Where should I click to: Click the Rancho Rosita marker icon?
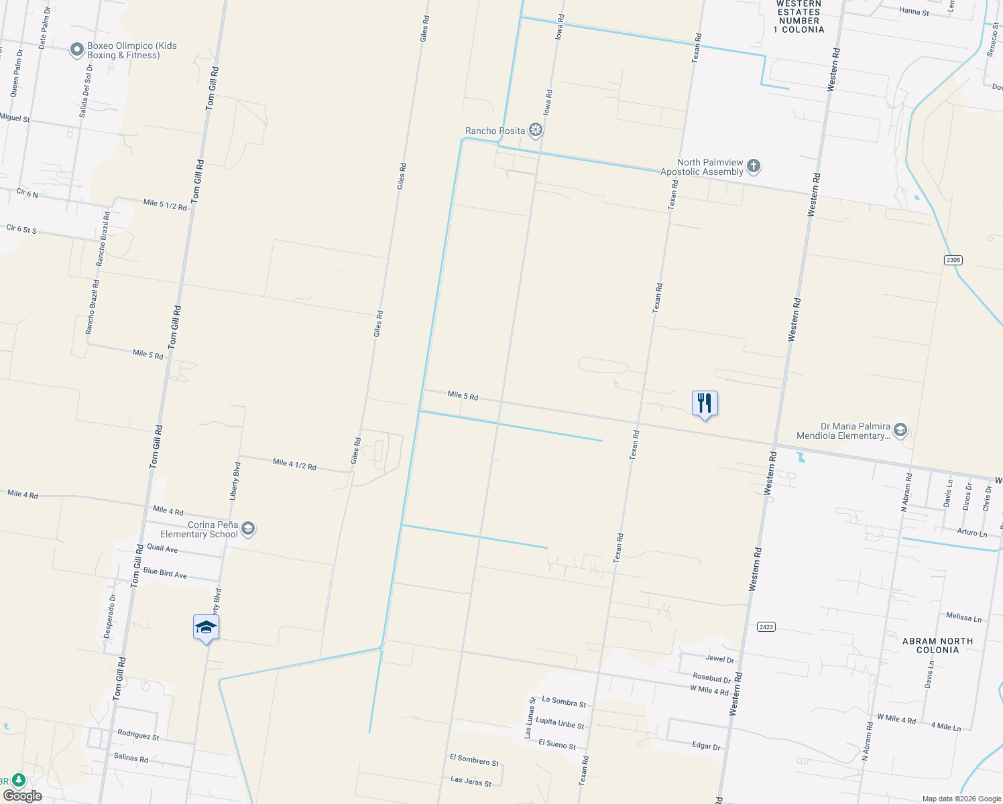[535, 130]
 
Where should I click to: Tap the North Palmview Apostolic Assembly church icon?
[754, 166]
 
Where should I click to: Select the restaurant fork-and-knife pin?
[705, 403]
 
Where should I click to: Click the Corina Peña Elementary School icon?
[248, 529]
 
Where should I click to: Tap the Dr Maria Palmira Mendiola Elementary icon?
[900, 430]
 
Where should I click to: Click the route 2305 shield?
[953, 260]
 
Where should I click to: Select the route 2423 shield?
[766, 627]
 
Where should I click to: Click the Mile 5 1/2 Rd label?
[165, 204]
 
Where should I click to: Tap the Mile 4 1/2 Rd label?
[294, 464]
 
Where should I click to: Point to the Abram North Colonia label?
[937, 645]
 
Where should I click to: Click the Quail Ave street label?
[162, 549]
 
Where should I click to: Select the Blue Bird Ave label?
[165, 574]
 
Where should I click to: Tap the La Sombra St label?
[564, 701]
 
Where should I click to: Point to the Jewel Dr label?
[719, 659]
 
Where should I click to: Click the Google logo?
[22, 796]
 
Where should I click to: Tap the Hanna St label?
[914, 11]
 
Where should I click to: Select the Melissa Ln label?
[963, 617]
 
